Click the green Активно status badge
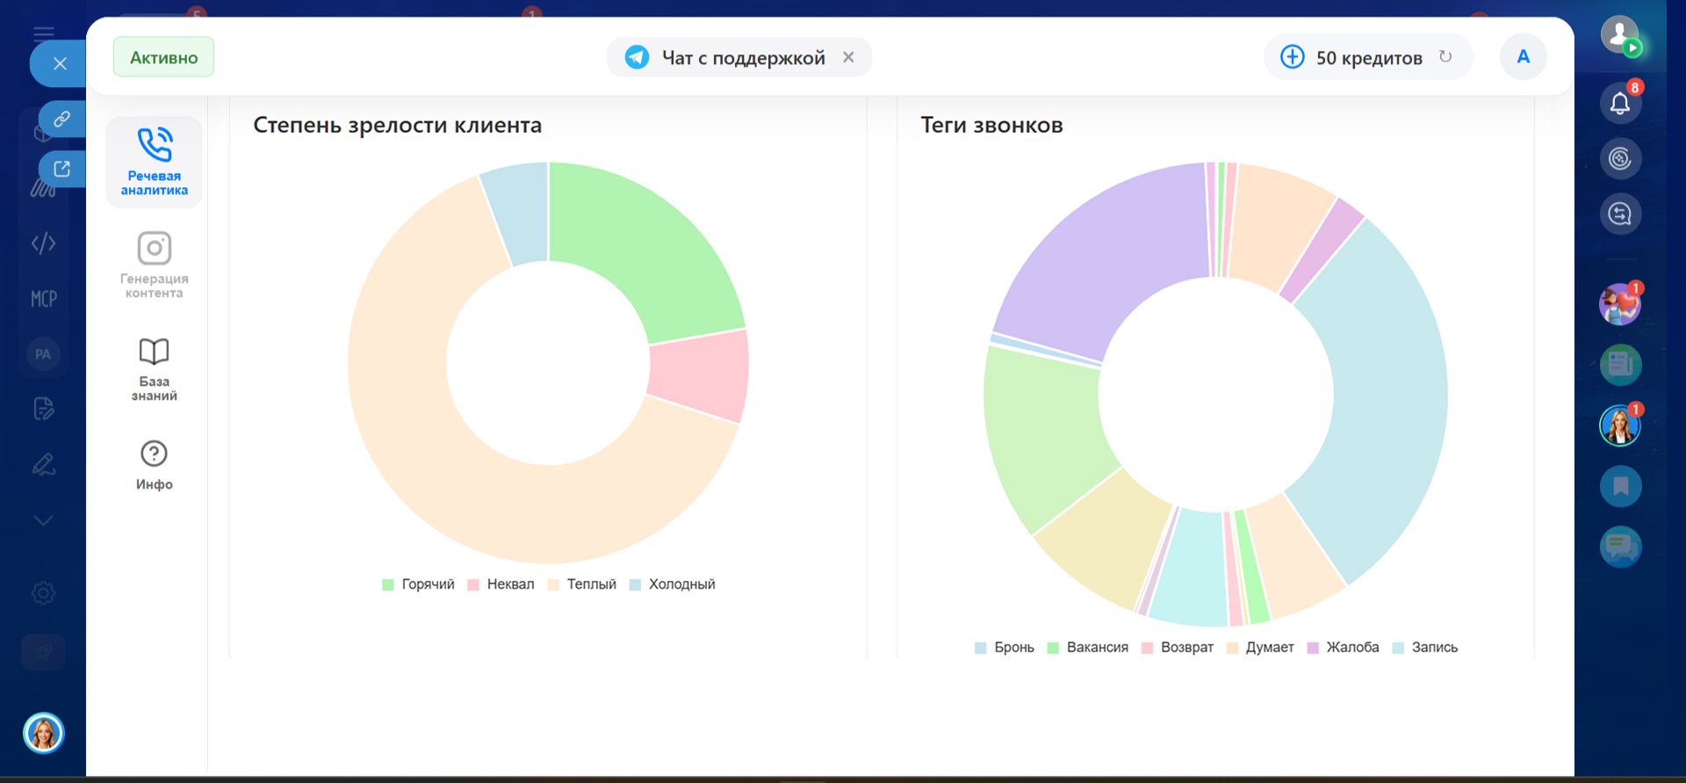(163, 57)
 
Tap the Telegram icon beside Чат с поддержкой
(637, 57)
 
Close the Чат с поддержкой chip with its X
(848, 57)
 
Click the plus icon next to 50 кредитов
(1292, 57)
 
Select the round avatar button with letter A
(1523, 57)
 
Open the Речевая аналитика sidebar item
(155, 162)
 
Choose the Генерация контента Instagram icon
(155, 249)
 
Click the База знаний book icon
(155, 352)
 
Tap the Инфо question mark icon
(155, 454)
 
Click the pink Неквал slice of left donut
(699, 374)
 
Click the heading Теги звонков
(991, 126)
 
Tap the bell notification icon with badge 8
(1620, 104)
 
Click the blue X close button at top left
(60, 63)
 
